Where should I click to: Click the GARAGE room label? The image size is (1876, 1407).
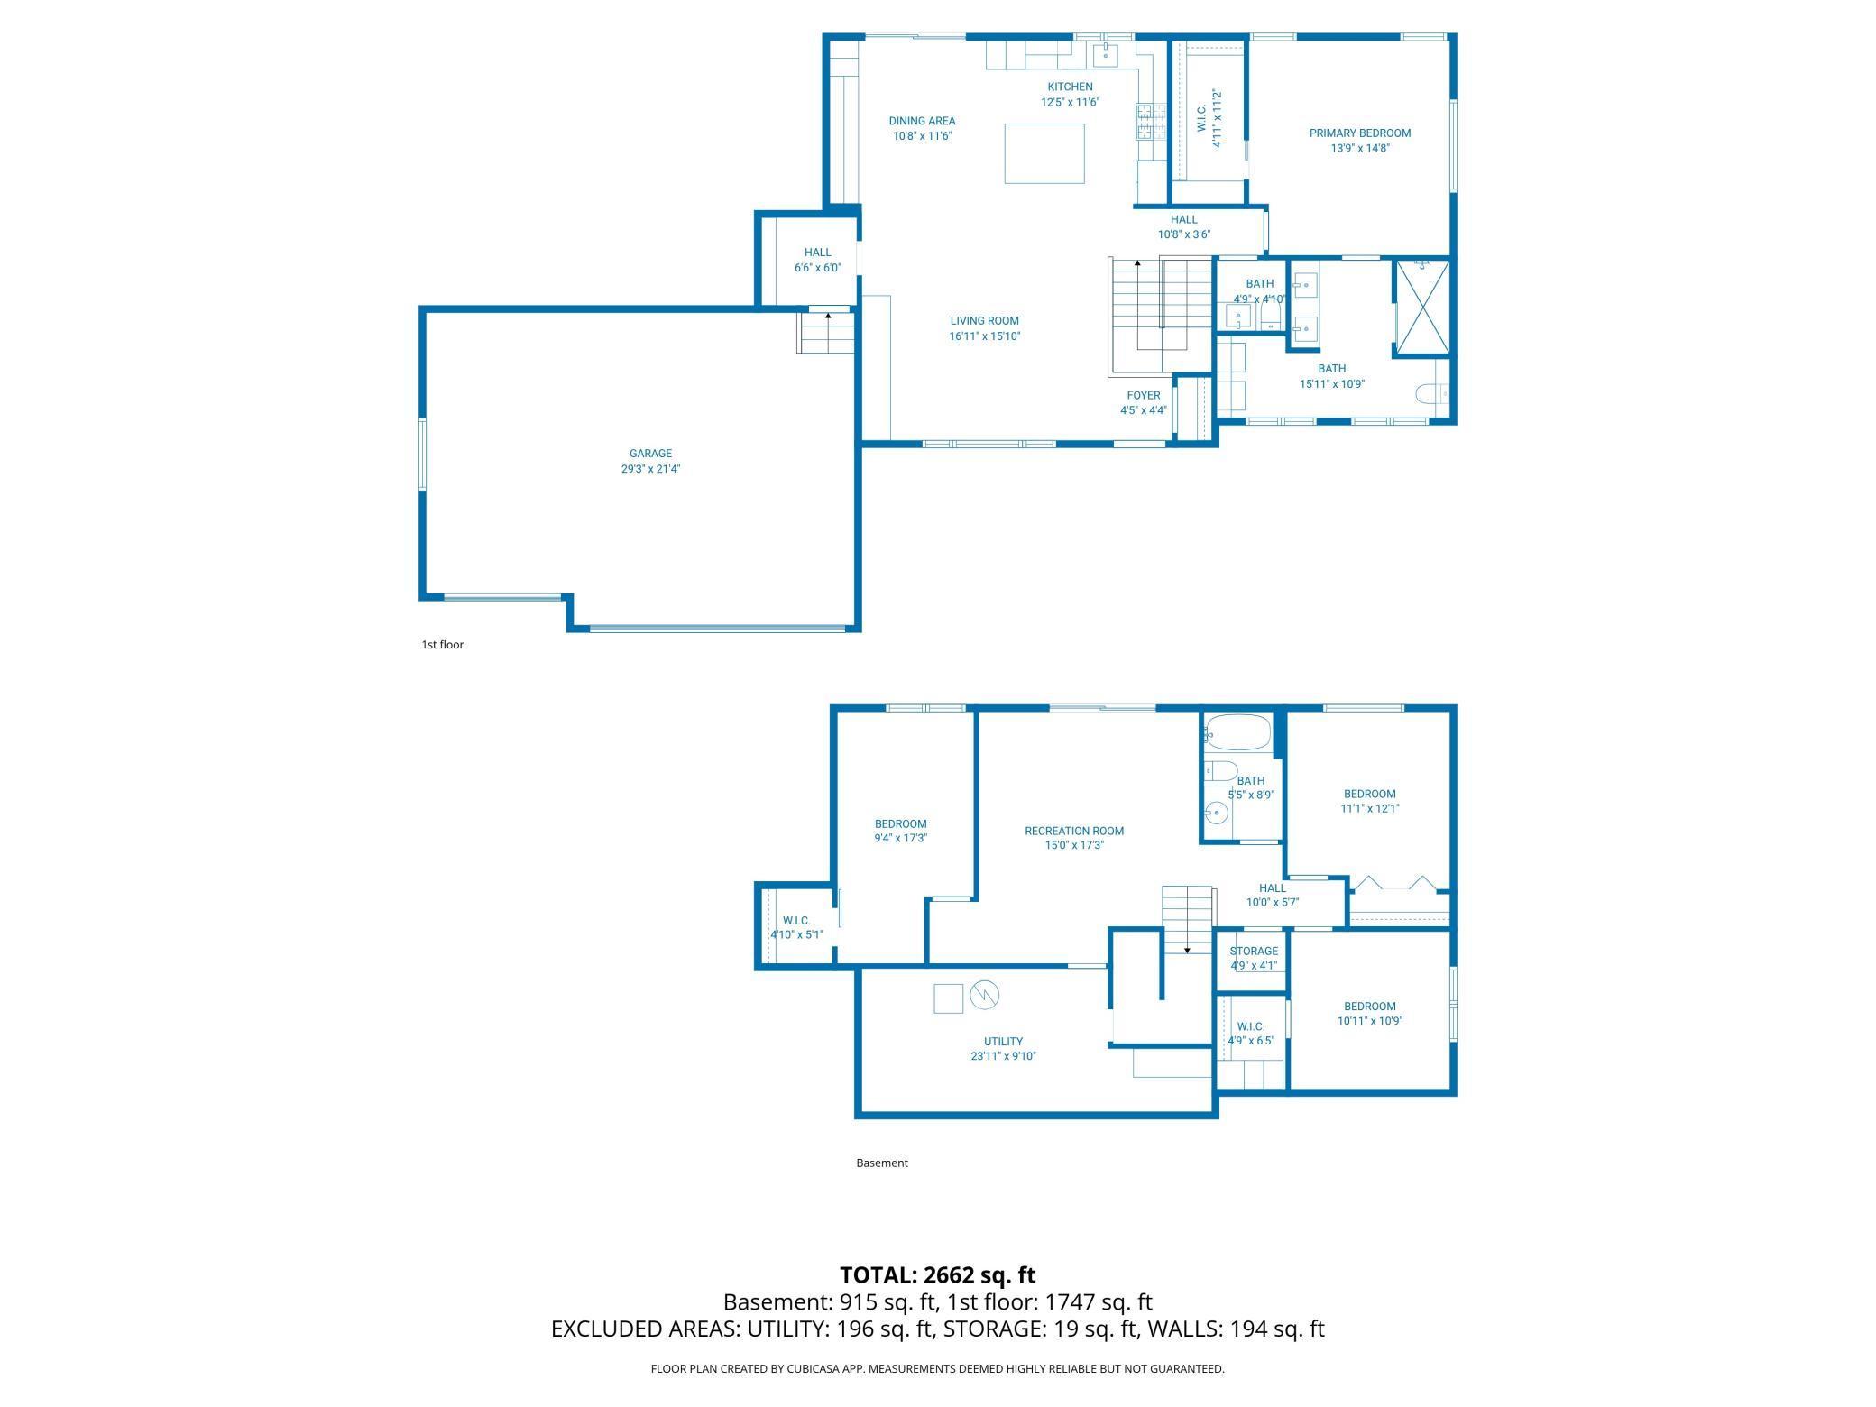[650, 454]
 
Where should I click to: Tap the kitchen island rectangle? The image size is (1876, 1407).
[1044, 153]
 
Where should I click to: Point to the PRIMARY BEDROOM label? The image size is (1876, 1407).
[1359, 133]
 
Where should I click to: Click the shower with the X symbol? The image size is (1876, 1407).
[1422, 308]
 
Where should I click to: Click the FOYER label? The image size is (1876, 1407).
[1143, 395]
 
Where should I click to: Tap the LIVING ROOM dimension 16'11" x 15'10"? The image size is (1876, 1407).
[984, 336]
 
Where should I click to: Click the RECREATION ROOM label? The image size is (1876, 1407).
[1073, 831]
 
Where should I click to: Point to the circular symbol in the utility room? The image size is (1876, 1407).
[985, 995]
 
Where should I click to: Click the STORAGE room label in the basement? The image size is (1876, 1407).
[1253, 951]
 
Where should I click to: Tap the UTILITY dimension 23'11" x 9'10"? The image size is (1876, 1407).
[1003, 1056]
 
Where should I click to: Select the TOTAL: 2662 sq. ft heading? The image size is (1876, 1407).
[937, 1274]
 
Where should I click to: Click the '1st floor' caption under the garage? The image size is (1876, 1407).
[442, 645]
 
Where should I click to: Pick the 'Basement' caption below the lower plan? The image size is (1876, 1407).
[881, 1163]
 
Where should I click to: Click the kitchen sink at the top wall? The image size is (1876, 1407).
[1106, 55]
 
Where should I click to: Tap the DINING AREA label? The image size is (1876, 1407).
[922, 121]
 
